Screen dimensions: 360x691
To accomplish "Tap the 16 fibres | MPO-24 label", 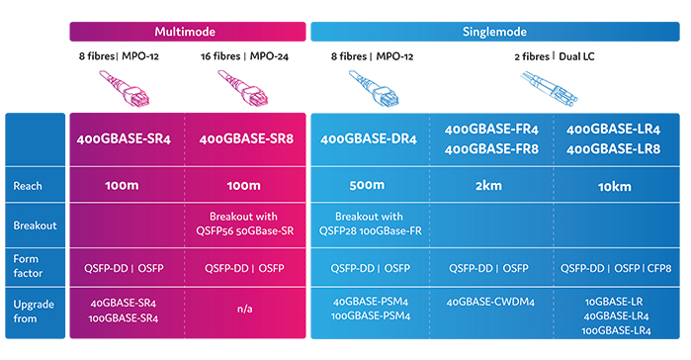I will (x=246, y=56).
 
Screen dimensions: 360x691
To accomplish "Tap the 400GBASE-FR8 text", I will (x=491, y=149).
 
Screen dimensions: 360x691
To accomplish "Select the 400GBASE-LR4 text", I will (x=613, y=130).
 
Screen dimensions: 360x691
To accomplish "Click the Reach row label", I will (x=29, y=185).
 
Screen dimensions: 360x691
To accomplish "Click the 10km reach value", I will (x=613, y=185).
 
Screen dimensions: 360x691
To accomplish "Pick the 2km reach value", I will (x=491, y=185).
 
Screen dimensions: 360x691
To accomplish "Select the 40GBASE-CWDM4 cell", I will (x=491, y=302).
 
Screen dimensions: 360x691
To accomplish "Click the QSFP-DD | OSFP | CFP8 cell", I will (x=613, y=267).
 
